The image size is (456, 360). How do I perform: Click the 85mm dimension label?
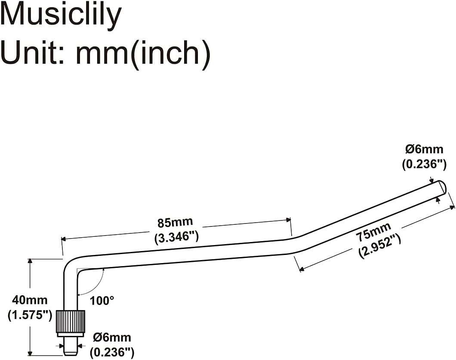click(175, 223)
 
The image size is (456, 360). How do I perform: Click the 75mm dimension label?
click(373, 233)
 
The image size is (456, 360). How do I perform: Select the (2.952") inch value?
click(379, 246)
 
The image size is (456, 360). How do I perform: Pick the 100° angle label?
click(102, 300)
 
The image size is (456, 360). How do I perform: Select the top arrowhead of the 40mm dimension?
click(30, 261)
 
